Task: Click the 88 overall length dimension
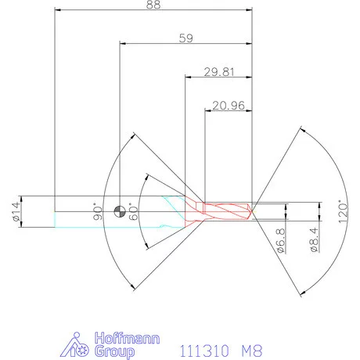(x=153, y=5)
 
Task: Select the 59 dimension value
(x=186, y=38)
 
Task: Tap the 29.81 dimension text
(x=219, y=72)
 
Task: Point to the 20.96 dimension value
(x=229, y=106)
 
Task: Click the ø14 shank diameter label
(x=16, y=211)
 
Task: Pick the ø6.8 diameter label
(x=281, y=240)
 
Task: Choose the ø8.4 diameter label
(x=315, y=239)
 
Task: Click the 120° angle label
(x=344, y=211)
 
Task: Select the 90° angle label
(x=98, y=211)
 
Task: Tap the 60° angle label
(x=134, y=211)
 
